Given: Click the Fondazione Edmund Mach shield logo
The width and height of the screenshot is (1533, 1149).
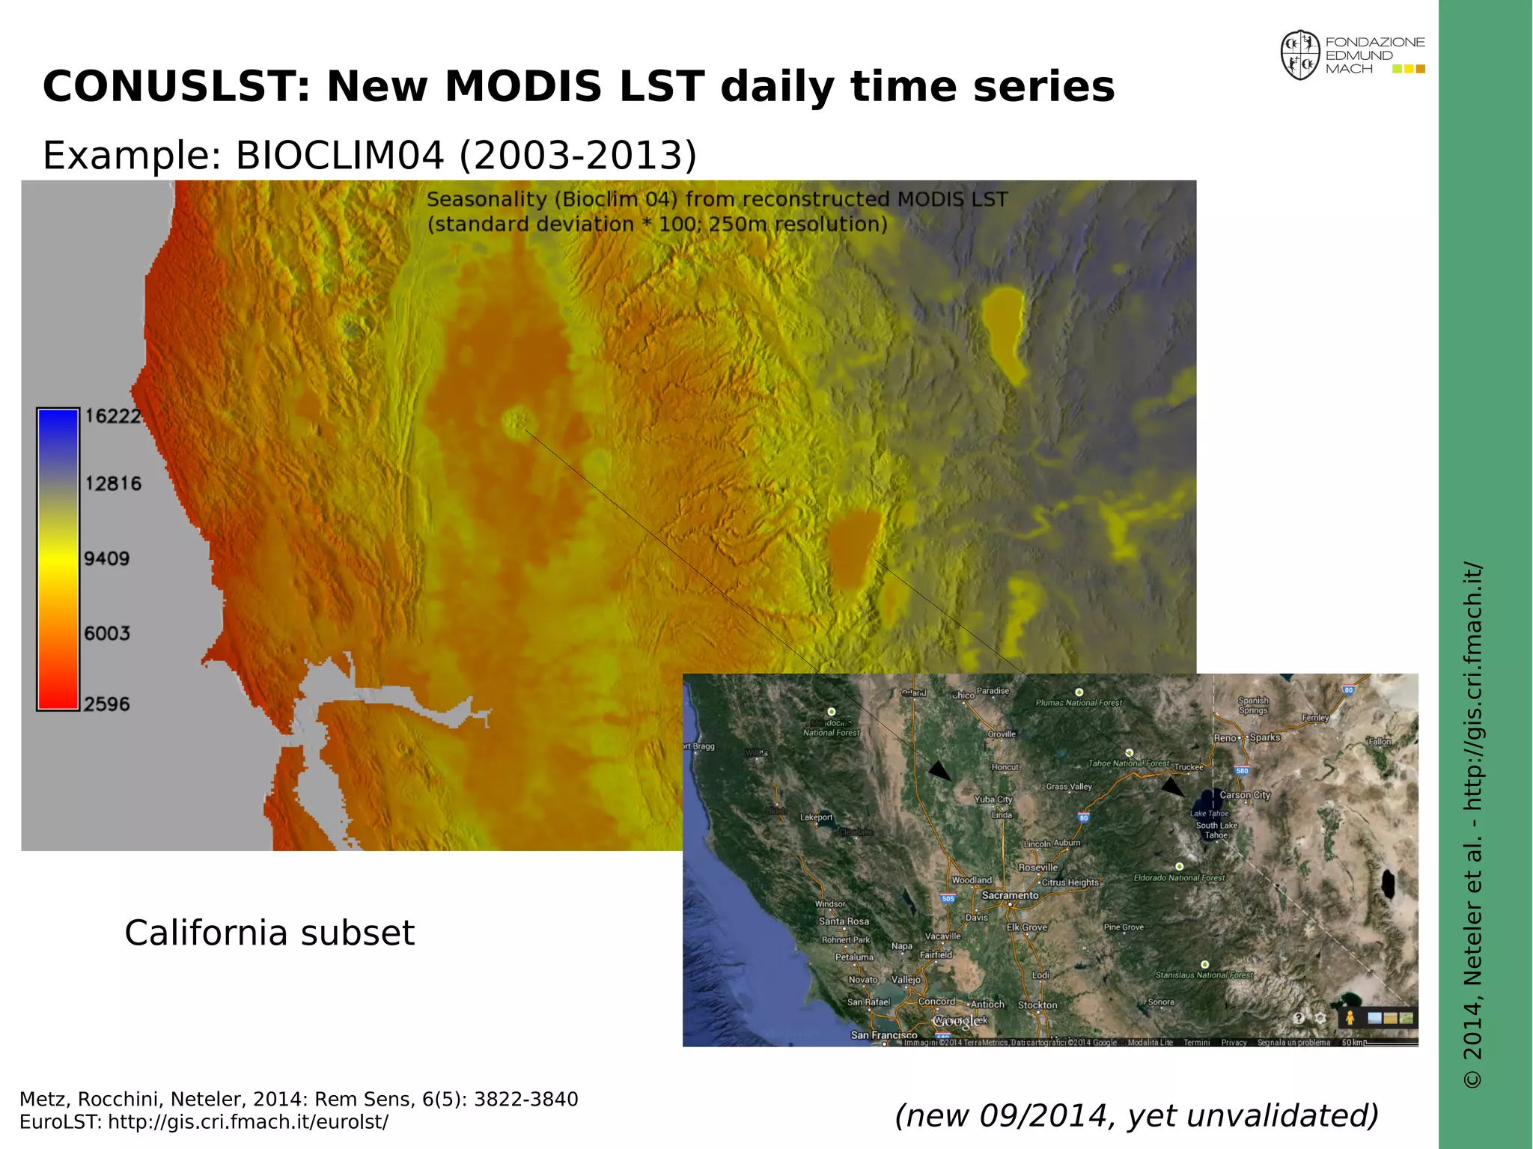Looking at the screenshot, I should coord(1299,55).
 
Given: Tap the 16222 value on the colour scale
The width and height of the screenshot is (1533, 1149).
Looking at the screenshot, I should coord(113,416).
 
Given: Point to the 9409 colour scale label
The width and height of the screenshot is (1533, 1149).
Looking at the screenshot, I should coord(107,558).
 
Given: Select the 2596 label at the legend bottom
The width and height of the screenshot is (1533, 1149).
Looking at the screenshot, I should coord(107,704).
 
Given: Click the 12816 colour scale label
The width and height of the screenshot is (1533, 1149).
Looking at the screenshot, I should coord(113,484).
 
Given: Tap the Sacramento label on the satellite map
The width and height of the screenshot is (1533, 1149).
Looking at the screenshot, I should coord(1010,895).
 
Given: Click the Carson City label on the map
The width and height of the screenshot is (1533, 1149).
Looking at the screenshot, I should coord(1245,795).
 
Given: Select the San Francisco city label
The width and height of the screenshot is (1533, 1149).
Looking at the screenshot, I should coord(883,1035).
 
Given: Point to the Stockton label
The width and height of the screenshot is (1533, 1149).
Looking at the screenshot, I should coord(1037,1005).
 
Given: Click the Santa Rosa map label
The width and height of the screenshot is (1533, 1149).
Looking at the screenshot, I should coord(844,921).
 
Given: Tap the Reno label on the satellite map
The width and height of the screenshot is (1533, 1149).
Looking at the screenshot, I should coord(1225,738).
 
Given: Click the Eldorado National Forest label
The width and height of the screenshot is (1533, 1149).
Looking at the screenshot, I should coord(1179,878).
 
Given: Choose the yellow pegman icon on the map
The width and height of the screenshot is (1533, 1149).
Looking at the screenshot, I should coord(1350,1018).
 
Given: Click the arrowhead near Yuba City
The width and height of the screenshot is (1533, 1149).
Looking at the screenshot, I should coord(940,771).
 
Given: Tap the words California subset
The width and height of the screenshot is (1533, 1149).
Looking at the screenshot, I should coord(269,933).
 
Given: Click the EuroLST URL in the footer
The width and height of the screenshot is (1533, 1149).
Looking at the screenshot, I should coord(248,1122).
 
